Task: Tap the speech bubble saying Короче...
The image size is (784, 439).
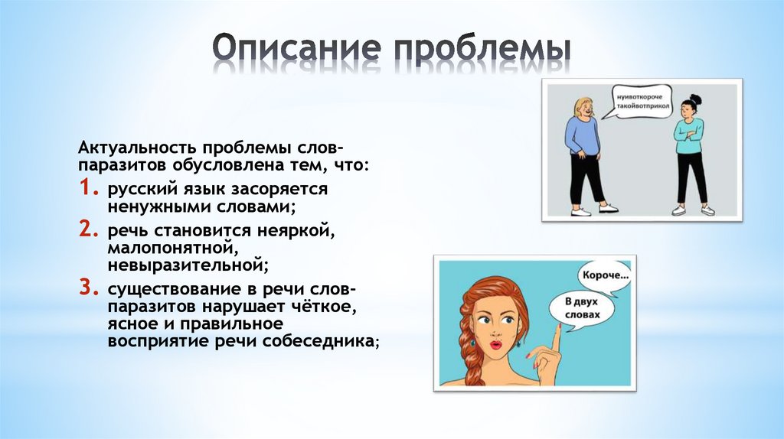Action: [x=602, y=275]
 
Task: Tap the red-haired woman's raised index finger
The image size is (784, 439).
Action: [x=558, y=330]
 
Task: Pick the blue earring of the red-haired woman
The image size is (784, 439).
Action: [x=472, y=342]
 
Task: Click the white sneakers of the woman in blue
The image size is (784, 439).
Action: [x=593, y=208]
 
